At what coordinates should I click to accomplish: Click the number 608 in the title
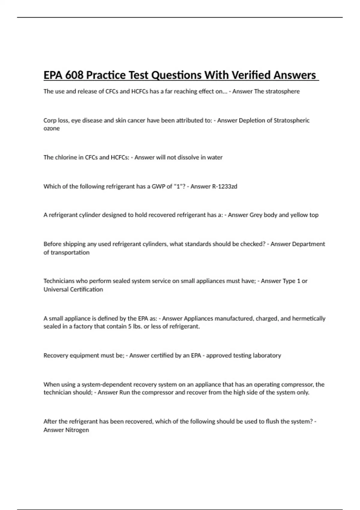coord(74,75)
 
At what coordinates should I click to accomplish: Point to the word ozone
coord(52,128)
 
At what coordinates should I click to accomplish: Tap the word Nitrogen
coord(77,430)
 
